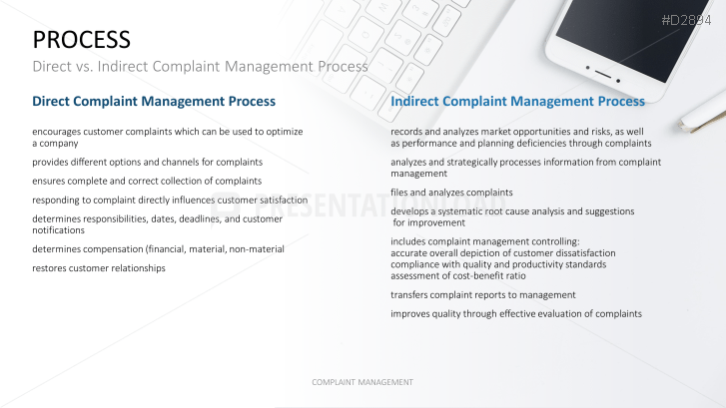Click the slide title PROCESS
(82, 40)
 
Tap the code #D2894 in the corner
(686, 20)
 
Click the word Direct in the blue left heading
(51, 101)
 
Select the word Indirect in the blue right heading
(414, 101)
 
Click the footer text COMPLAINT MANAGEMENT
(363, 382)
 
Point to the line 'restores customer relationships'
(99, 268)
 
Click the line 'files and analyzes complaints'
(451, 193)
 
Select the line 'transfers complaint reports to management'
(483, 295)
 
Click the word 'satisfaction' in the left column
(284, 200)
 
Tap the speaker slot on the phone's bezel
(603, 74)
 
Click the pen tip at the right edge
(682, 124)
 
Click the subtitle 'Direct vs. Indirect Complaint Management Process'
(200, 67)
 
